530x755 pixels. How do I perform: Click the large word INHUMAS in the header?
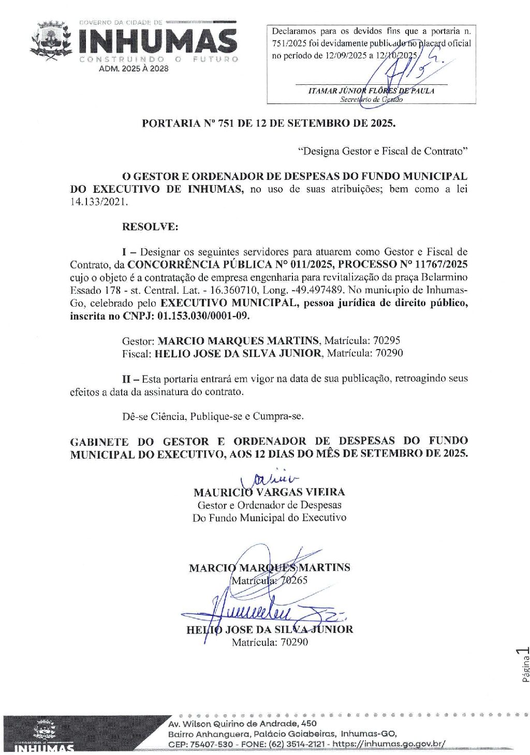tap(158, 41)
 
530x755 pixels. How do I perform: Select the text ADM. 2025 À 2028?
tap(134, 68)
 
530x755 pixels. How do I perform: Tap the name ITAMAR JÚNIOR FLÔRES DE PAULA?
tap(371, 91)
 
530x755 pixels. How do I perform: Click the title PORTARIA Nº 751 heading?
tap(268, 124)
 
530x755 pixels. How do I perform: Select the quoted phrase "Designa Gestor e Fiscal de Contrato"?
tap(383, 152)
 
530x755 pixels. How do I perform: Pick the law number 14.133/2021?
tap(98, 202)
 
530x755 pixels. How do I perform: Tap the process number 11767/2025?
tap(437, 265)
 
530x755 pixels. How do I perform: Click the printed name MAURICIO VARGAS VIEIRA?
tap(269, 492)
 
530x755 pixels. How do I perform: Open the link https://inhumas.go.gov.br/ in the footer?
tap(388, 744)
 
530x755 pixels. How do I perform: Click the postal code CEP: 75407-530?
tap(201, 744)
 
